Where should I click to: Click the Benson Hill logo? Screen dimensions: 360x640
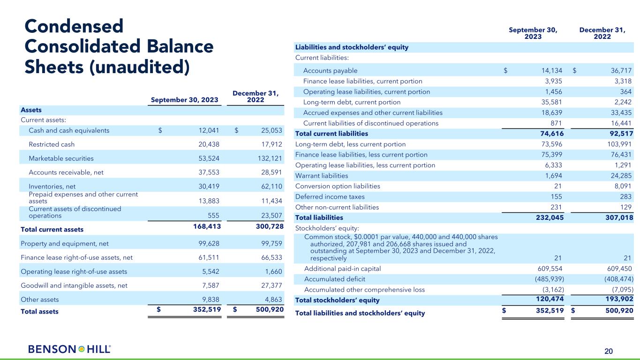click(69, 349)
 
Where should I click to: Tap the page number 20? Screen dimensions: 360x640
click(608, 351)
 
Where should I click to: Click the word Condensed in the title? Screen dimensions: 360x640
click(74, 26)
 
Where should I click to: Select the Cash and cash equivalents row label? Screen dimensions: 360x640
click(69, 131)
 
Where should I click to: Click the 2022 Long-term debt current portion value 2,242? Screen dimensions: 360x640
click(622, 102)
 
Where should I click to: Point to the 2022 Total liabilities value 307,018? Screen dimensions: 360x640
click(615, 217)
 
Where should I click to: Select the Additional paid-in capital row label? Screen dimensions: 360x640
click(342, 269)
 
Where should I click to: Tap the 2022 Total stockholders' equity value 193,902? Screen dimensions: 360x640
click(615, 299)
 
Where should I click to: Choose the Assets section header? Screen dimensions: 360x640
click(31, 110)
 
